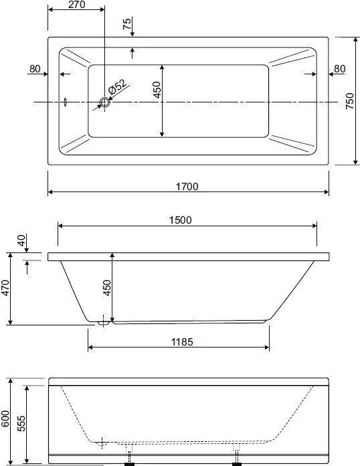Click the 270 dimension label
pos(77,5)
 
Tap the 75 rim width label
pos(127,24)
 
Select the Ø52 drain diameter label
pos(117,86)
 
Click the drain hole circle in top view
pos(104,102)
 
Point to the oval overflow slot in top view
pos(66,102)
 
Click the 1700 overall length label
pos(187,186)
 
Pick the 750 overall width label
pos(350,101)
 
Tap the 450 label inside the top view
pos(157,90)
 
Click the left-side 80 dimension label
pos(35,69)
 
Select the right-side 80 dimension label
pos(339,69)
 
